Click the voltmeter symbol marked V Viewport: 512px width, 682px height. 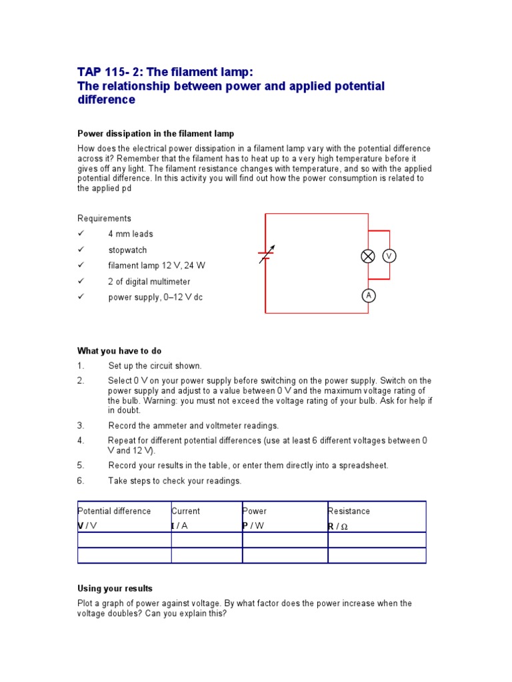click(389, 256)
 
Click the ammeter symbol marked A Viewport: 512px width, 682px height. click(368, 296)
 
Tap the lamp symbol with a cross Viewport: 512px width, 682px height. click(368, 256)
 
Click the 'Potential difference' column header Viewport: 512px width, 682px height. click(115, 511)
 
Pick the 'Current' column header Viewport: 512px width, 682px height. click(186, 511)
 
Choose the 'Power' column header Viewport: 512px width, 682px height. click(255, 511)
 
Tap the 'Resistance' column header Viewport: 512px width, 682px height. click(349, 511)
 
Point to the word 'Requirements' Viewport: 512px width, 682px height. click(105, 218)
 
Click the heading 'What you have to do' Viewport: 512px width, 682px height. click(119, 351)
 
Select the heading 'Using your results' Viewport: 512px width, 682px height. click(115, 589)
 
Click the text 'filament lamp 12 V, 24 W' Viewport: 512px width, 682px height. click(157, 266)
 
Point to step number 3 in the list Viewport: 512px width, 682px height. click(81, 426)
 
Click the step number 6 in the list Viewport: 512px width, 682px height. click(81, 481)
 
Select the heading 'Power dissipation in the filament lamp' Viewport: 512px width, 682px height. click(156, 134)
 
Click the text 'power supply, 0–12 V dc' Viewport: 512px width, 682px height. click(155, 298)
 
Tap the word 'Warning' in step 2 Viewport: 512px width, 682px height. click(159, 402)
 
